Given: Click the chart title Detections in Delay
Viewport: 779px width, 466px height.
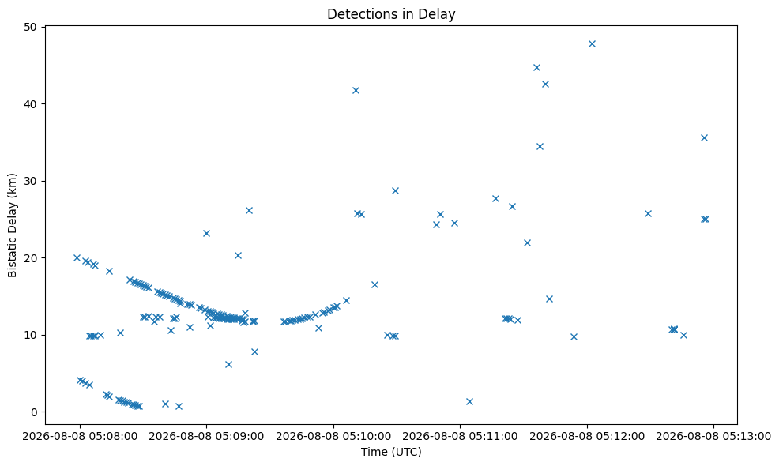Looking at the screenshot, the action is pyautogui.click(x=391, y=14).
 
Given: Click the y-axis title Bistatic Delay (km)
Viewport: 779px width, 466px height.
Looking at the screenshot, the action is pyautogui.click(x=12, y=225).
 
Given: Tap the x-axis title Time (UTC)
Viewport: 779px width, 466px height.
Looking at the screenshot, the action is pyautogui.click(x=391, y=452).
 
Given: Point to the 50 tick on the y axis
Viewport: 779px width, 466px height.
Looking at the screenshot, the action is pyautogui.click(x=31, y=27).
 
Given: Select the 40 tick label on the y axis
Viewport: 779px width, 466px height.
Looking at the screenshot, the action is pyautogui.click(x=31, y=103).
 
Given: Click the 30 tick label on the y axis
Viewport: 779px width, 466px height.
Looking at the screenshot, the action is pyautogui.click(x=31, y=181).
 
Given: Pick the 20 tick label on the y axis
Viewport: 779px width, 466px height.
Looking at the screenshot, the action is pyautogui.click(x=31, y=257).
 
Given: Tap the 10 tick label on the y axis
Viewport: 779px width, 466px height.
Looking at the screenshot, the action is pyautogui.click(x=31, y=335).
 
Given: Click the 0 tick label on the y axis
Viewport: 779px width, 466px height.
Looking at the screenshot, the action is pyautogui.click(x=34, y=412).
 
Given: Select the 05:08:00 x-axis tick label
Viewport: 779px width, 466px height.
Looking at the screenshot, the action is pyautogui.click(x=80, y=436).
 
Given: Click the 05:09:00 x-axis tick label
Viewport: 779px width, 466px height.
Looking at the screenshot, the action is pyautogui.click(x=206, y=436).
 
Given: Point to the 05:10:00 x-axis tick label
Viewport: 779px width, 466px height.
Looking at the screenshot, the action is pyautogui.click(x=333, y=436).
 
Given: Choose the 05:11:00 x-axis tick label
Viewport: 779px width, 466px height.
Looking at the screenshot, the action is pyautogui.click(x=460, y=436).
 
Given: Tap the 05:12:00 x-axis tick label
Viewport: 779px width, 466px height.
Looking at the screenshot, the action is pyautogui.click(x=587, y=436).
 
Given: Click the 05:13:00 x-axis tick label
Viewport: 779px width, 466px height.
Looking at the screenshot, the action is pyautogui.click(x=714, y=436).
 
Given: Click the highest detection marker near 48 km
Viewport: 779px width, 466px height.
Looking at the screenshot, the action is pyautogui.click(x=592, y=43).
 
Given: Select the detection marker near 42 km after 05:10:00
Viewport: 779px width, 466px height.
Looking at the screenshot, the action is pyautogui.click(x=356, y=90).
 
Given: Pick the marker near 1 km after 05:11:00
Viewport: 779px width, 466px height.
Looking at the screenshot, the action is pyautogui.click(x=469, y=401).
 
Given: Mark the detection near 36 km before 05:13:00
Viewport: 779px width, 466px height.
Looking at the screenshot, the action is pyautogui.click(x=704, y=137).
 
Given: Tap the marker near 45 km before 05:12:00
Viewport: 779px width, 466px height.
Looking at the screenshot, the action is pyautogui.click(x=536, y=68).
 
